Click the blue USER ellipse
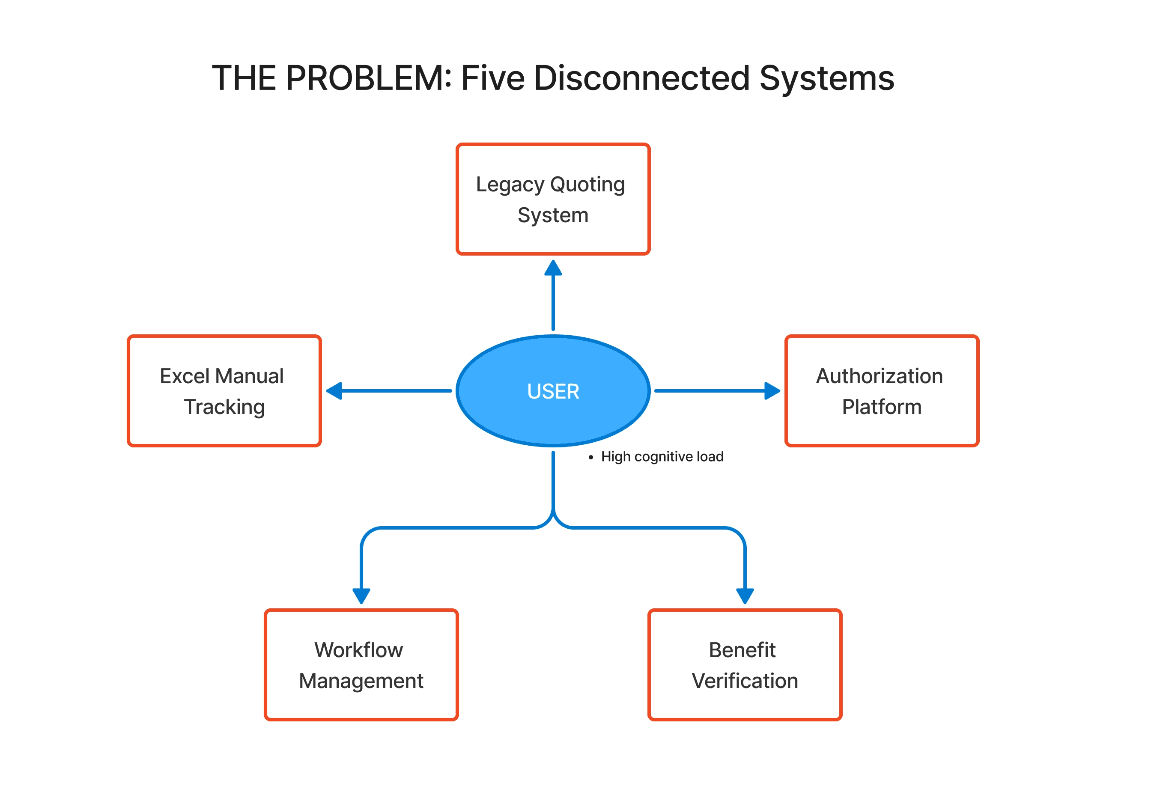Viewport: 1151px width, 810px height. point(553,390)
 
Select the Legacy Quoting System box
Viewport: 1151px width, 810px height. point(553,199)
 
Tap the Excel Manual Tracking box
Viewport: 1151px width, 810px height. point(224,390)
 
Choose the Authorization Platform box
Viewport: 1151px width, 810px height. point(882,390)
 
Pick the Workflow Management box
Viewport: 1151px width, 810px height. point(361,664)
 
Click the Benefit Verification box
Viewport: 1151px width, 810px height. point(745,664)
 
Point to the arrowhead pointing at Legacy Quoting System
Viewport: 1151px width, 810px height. point(553,269)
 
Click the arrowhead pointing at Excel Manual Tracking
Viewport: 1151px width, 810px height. point(334,390)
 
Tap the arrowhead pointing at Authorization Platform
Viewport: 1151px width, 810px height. point(772,390)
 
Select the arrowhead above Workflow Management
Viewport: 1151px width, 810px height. point(361,596)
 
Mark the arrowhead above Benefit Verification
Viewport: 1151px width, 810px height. point(745,596)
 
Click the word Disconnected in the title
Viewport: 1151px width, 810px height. point(642,78)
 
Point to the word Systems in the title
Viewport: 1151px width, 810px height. point(827,78)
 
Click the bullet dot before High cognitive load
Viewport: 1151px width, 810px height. point(590,457)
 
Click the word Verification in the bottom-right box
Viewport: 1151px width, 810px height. point(745,681)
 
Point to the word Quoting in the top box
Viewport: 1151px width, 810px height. point(587,185)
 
